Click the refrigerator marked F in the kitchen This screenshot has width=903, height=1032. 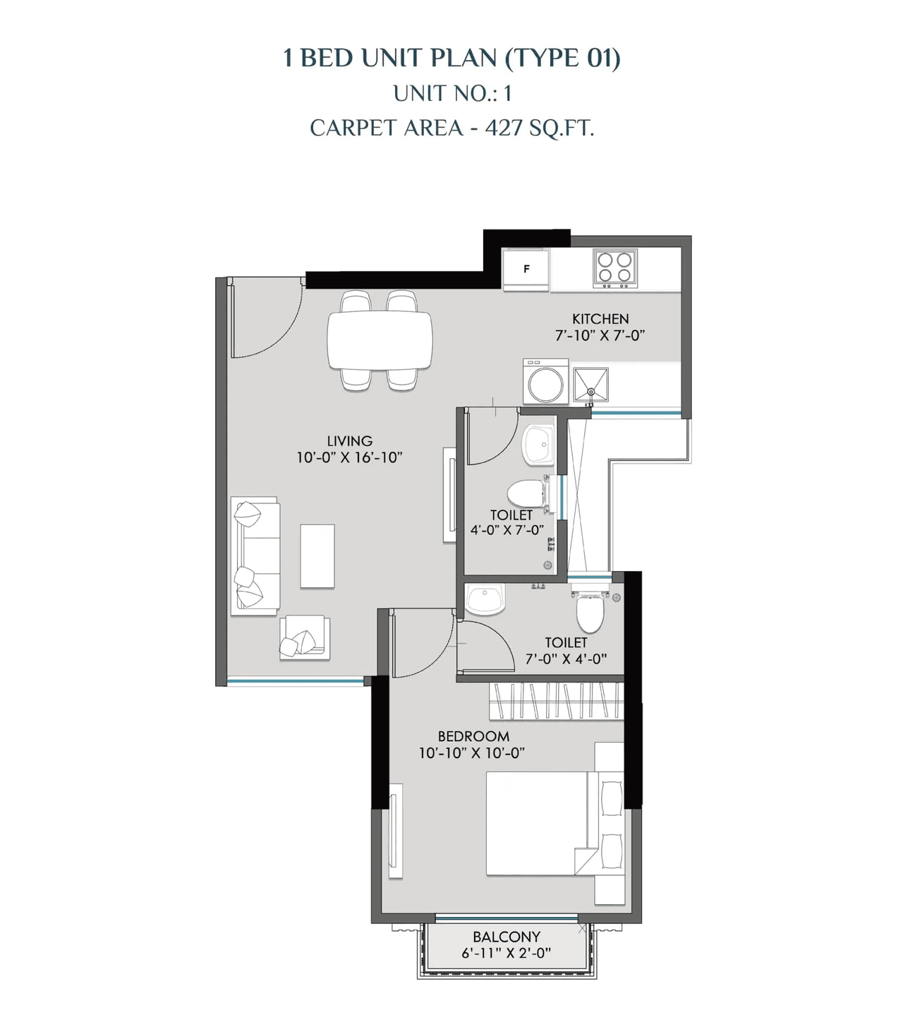coord(526,269)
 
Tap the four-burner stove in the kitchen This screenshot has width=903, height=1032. coord(614,268)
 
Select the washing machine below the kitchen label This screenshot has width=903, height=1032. coord(545,382)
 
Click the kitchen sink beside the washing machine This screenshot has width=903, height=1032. coord(590,385)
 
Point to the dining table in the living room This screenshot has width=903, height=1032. coord(380,340)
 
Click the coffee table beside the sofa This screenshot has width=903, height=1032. coord(317,556)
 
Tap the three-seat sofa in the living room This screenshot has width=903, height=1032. coord(255,556)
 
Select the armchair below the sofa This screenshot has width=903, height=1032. coord(304,638)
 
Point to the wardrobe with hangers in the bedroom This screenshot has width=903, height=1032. coord(556,701)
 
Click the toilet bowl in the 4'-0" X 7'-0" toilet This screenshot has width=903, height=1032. coord(526,493)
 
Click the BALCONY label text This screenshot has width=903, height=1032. coord(507,937)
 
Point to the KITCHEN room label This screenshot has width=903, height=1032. coord(600,319)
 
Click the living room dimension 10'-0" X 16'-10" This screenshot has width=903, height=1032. coord(349,457)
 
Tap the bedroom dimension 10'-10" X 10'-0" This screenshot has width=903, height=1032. coord(472,753)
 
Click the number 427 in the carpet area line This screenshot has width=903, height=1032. coord(504,128)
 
